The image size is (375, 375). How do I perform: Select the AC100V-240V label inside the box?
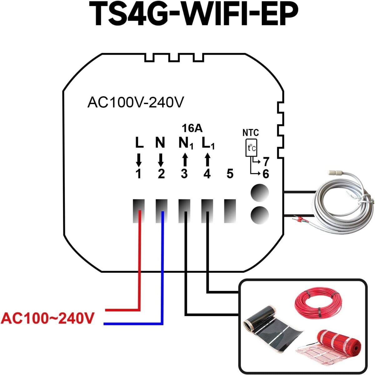point(135,102)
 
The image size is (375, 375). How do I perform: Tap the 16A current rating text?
point(192,128)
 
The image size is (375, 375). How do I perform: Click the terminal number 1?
point(138,174)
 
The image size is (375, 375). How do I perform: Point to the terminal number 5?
point(230,174)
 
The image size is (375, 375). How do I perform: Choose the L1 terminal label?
point(208,144)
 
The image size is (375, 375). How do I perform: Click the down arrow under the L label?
point(139,160)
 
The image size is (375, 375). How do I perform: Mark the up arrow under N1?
point(185,159)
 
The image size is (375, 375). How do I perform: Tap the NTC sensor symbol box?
point(251,147)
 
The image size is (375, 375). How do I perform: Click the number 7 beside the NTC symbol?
point(266,162)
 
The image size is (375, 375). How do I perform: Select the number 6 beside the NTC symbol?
point(266,174)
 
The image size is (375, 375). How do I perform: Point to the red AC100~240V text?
point(47,318)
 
